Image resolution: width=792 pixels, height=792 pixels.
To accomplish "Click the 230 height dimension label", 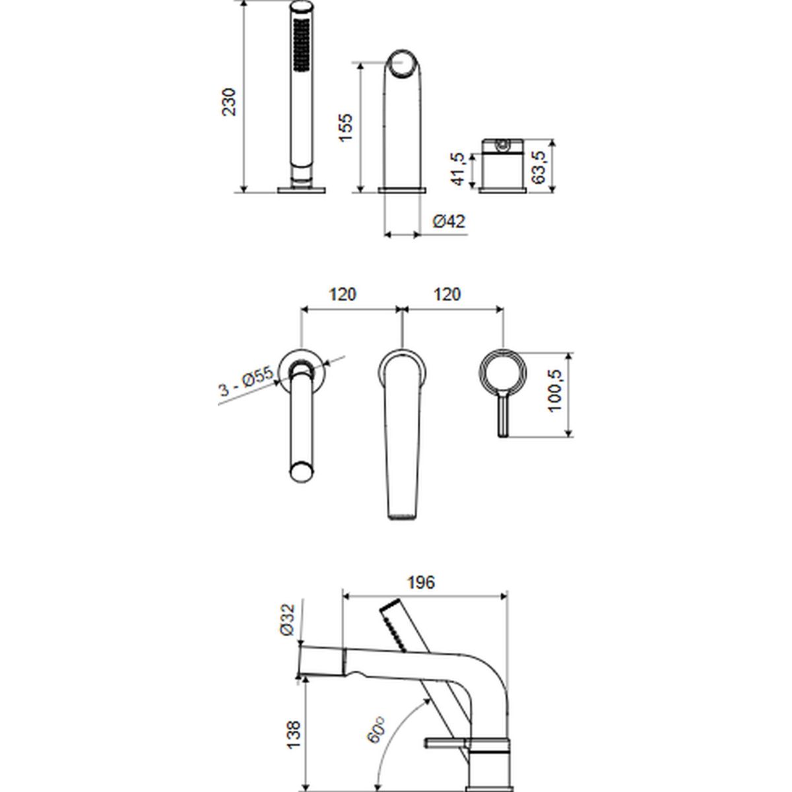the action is tap(229, 102).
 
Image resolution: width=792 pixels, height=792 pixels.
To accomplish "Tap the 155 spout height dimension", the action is tap(346, 127).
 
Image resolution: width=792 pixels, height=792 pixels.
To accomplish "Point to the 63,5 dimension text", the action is tap(539, 167).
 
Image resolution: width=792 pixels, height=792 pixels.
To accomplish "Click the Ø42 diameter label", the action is tap(449, 222).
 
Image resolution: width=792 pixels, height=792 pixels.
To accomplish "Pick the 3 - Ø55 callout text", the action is tap(246, 381).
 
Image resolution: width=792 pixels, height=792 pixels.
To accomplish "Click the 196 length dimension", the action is tap(421, 582).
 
